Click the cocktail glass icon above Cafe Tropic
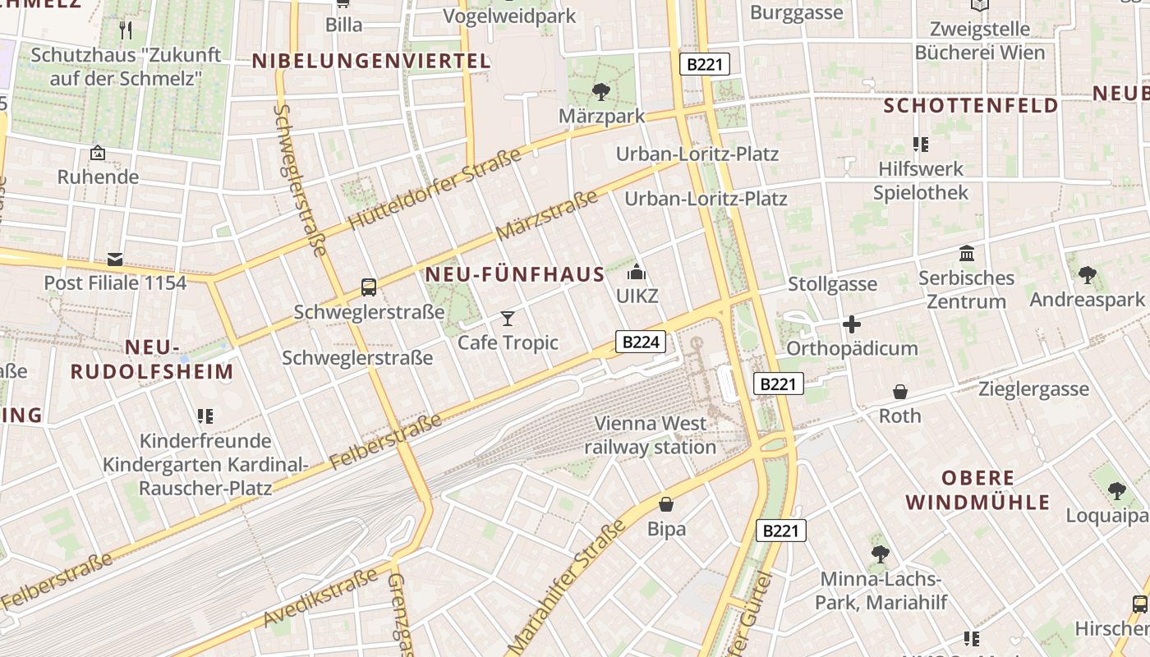tap(508, 318)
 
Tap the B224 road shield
tap(641, 342)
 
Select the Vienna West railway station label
tap(650, 435)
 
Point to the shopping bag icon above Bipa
tap(666, 503)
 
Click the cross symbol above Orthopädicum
tap(852, 324)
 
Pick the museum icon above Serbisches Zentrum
tap(967, 254)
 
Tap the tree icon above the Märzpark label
tap(601, 91)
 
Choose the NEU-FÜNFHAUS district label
tap(516, 275)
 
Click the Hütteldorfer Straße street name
tap(435, 189)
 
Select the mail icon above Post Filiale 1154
tap(115, 260)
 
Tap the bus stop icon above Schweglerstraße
tap(369, 287)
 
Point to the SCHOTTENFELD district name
tap(971, 105)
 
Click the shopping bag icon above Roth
tap(900, 392)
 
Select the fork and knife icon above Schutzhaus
tap(126, 30)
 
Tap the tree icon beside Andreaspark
tap(1088, 275)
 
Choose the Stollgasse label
tap(832, 285)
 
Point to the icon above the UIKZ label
tap(637, 272)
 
